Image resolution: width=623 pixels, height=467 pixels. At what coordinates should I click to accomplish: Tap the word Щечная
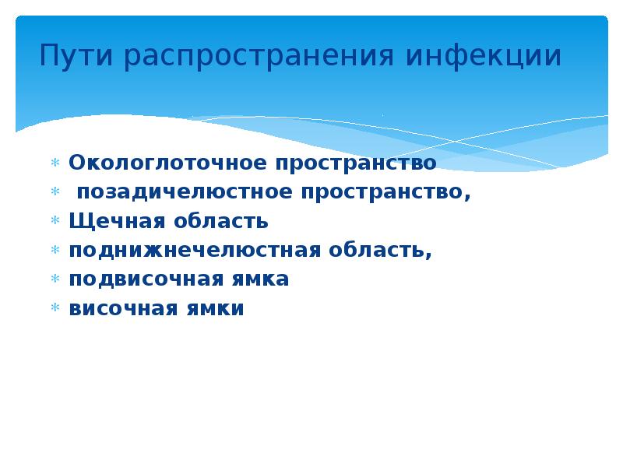click(x=112, y=221)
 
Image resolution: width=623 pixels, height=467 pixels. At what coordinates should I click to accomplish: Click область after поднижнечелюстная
click(x=382, y=251)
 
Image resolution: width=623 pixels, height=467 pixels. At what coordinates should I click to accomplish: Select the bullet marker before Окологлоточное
click(x=55, y=164)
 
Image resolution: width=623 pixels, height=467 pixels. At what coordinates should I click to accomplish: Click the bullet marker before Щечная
click(x=55, y=223)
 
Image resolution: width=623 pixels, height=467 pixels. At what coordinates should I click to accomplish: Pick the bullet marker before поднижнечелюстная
click(x=55, y=251)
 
